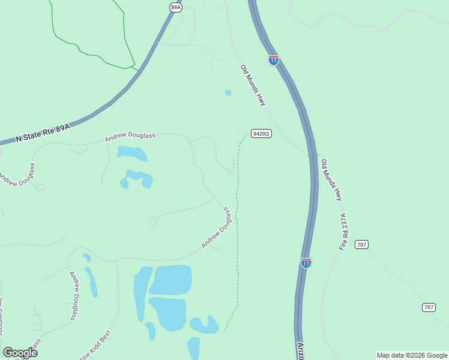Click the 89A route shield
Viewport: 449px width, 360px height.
175,7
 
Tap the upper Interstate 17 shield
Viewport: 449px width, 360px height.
274,59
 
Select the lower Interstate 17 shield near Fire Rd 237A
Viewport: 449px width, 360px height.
306,263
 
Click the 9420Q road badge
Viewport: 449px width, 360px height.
262,134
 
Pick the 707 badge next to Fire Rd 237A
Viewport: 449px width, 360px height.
361,244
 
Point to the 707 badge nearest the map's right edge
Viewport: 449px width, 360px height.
429,307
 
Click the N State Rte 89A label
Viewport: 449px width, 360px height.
43,133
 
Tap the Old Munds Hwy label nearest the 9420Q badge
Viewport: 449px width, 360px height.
253,85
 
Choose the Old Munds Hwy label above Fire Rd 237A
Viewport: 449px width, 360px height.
331,179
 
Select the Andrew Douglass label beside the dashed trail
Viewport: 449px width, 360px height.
217,228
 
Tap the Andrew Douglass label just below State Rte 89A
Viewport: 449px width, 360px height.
130,137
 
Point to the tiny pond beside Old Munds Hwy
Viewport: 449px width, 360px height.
228,92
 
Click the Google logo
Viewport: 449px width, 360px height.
20,353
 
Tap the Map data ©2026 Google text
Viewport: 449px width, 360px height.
412,355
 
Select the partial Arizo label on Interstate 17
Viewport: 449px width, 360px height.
301,350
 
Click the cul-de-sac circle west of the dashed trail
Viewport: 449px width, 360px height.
153,221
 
